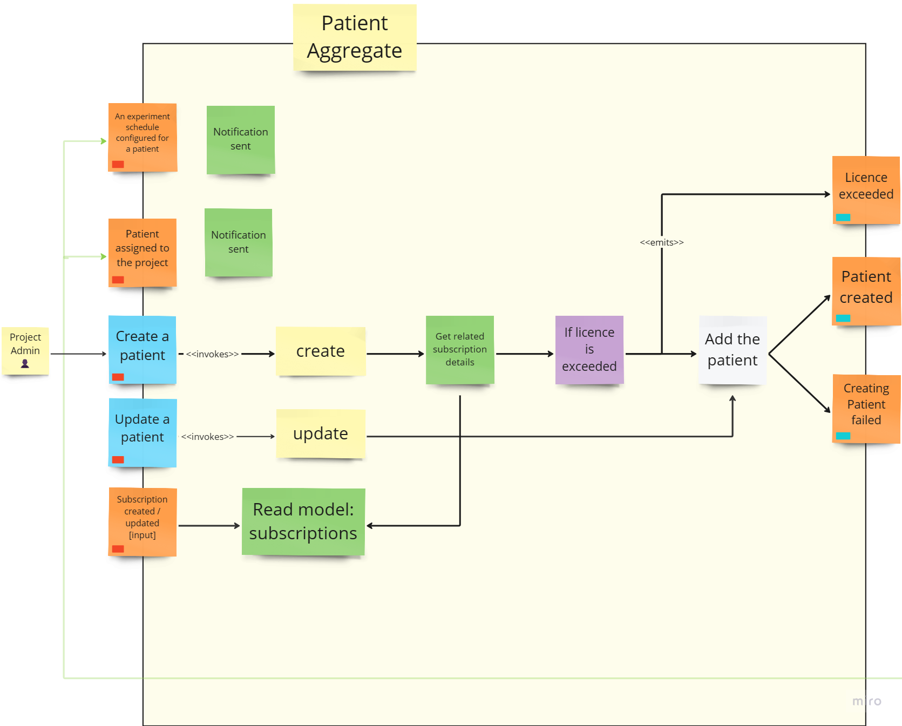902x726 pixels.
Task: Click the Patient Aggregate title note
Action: point(355,37)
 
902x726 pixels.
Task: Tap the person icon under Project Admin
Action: point(25,364)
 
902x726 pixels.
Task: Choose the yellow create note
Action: point(321,351)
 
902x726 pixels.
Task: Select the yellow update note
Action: point(321,433)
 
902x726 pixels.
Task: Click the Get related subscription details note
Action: point(460,349)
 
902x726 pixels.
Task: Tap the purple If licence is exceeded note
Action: point(589,349)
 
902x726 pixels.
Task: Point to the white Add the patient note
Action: point(733,350)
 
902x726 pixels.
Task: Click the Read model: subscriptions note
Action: point(303,521)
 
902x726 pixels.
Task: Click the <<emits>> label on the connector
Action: point(662,242)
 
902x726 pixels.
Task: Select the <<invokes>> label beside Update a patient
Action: point(208,437)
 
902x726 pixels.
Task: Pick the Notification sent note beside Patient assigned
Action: point(239,242)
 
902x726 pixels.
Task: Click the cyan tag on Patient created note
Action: point(843,318)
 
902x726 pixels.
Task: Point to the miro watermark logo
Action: point(866,701)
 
